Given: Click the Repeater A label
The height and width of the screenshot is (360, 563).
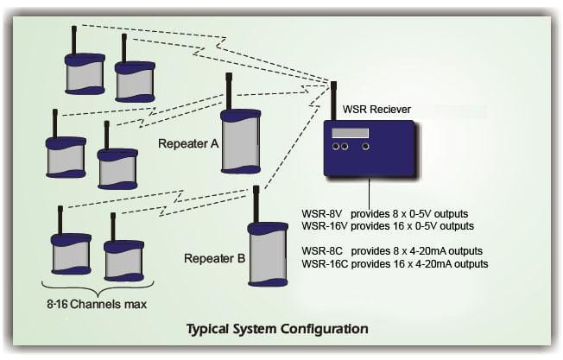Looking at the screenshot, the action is (x=188, y=144).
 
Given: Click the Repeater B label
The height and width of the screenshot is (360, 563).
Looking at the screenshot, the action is (x=214, y=258).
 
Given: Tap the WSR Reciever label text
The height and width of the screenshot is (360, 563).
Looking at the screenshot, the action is (x=376, y=110).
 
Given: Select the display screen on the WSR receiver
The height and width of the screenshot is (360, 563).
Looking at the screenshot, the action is (x=350, y=133).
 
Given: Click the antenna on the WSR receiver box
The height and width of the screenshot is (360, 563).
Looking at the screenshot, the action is (x=333, y=101).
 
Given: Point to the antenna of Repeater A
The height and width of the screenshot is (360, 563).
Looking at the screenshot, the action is (x=228, y=92).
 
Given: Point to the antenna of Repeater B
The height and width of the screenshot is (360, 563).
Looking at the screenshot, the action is (x=256, y=205).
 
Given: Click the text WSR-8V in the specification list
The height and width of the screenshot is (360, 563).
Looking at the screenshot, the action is (x=322, y=214).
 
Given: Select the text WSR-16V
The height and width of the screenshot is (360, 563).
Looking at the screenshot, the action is (x=325, y=226).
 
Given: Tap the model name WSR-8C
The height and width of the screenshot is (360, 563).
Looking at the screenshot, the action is (x=322, y=251).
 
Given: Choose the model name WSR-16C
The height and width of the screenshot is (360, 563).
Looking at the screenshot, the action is (x=325, y=264).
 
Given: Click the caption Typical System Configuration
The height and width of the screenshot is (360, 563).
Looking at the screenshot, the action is (x=277, y=329).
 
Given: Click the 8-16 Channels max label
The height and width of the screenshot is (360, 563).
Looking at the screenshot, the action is (x=97, y=305).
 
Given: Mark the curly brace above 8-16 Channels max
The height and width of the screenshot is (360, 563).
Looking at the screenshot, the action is (x=98, y=287).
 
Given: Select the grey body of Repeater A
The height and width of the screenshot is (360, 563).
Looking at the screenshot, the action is (x=240, y=142).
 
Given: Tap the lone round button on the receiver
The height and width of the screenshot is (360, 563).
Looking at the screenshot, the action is (x=365, y=147).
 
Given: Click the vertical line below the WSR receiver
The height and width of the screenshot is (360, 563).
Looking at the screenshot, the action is (x=370, y=192).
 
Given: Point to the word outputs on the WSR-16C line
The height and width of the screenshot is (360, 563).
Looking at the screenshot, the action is (x=471, y=264).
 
